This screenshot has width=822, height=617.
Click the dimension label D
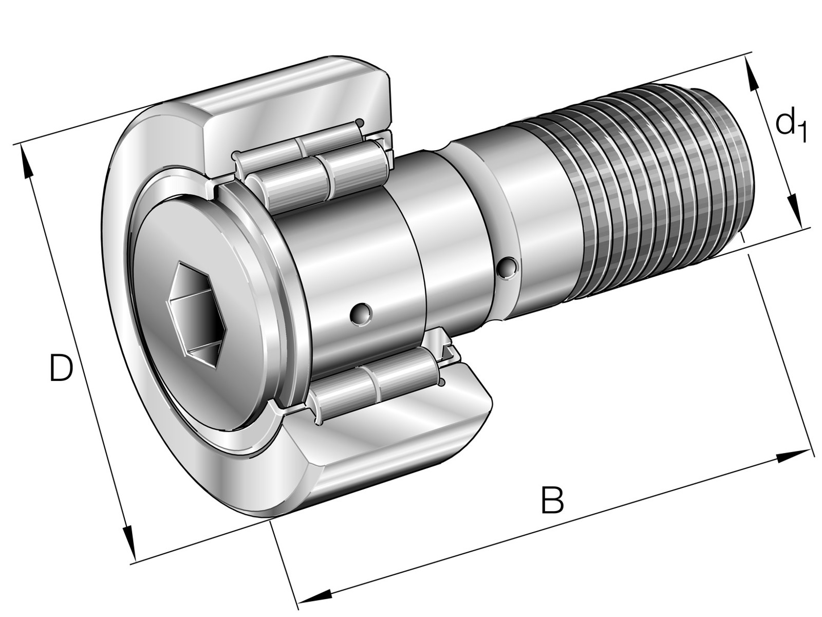61,368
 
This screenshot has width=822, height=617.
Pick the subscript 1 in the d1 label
801,134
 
